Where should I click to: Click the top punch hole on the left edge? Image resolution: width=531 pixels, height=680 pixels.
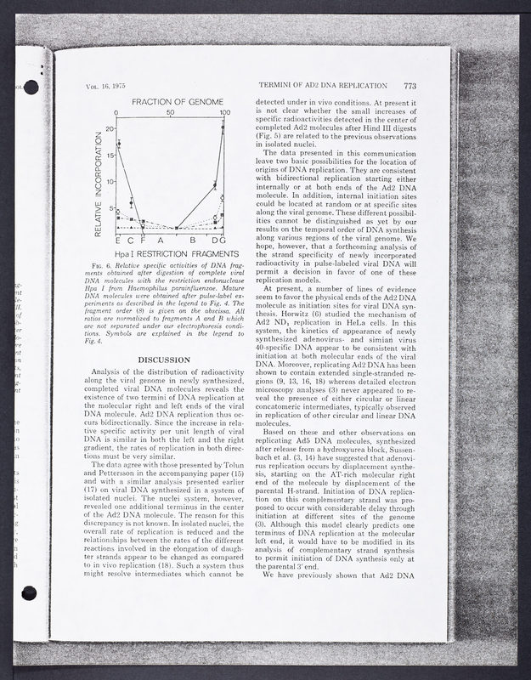pos(31,86)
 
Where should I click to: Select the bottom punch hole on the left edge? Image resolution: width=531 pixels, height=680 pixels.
pos(30,592)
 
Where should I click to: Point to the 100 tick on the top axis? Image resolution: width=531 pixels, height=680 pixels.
pos(225,113)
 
